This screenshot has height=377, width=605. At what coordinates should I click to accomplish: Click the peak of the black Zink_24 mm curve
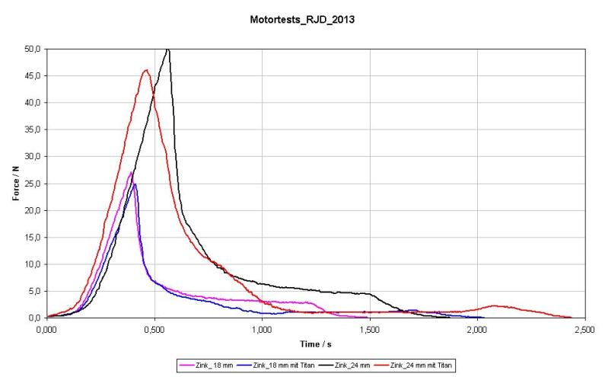pos(167,50)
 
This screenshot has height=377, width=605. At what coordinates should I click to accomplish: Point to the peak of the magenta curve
pos(131,172)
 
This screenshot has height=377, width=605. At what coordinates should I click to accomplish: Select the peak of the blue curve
pos(135,184)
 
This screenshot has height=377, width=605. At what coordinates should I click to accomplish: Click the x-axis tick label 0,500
pos(154,329)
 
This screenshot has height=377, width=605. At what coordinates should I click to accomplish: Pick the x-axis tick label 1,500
pos(369,329)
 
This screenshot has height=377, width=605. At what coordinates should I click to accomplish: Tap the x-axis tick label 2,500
pos(584,329)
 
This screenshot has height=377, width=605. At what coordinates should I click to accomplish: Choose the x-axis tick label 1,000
pos(262,329)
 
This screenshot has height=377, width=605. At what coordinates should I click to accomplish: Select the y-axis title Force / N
pos(16,184)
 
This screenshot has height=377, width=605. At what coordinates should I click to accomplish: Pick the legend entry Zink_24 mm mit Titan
pos(420,366)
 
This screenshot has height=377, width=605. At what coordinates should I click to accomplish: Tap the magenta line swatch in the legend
pos(186,366)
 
